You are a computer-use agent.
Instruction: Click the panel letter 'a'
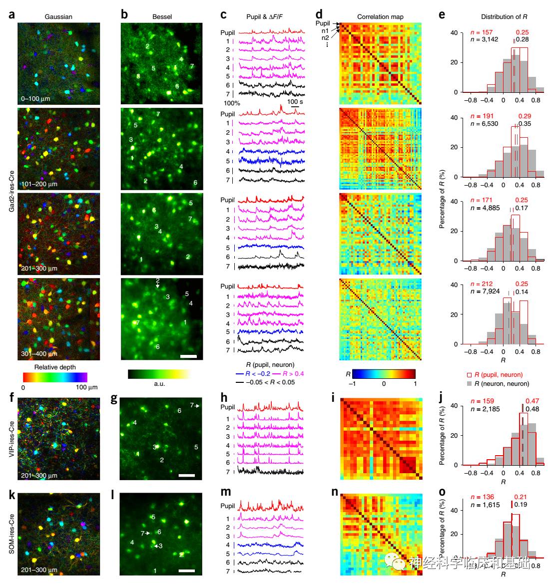click(11, 15)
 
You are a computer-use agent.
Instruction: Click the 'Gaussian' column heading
click(58, 16)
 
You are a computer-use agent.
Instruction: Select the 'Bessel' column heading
click(162, 16)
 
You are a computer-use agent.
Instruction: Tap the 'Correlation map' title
click(380, 16)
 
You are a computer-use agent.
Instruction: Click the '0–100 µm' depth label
click(35, 98)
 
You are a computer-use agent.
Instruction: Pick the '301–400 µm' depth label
click(39, 353)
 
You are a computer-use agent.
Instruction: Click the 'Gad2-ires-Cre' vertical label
click(11, 191)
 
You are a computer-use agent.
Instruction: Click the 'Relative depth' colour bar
click(55, 377)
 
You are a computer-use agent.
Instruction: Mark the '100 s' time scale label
click(295, 101)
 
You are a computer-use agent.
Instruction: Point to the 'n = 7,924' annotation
click(485, 292)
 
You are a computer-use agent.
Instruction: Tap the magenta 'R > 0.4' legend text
click(293, 373)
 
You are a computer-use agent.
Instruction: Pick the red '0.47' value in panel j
click(532, 401)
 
